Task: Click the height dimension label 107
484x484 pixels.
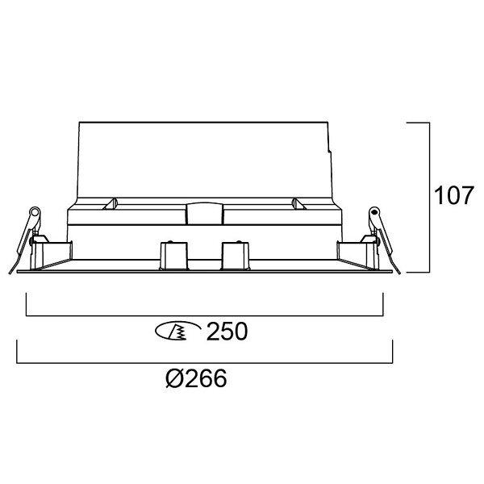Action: point(453,195)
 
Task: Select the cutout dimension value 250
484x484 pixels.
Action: point(227,332)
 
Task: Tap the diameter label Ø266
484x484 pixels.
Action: point(196,378)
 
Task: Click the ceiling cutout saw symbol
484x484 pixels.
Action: point(177,332)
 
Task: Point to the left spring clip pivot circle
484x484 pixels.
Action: point(35,212)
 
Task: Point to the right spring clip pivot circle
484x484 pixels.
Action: point(374,212)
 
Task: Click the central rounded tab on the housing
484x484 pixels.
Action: point(204,213)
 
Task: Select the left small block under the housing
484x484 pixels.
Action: point(173,256)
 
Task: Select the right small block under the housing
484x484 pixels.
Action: point(236,256)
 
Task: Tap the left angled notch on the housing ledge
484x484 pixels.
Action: point(111,204)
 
